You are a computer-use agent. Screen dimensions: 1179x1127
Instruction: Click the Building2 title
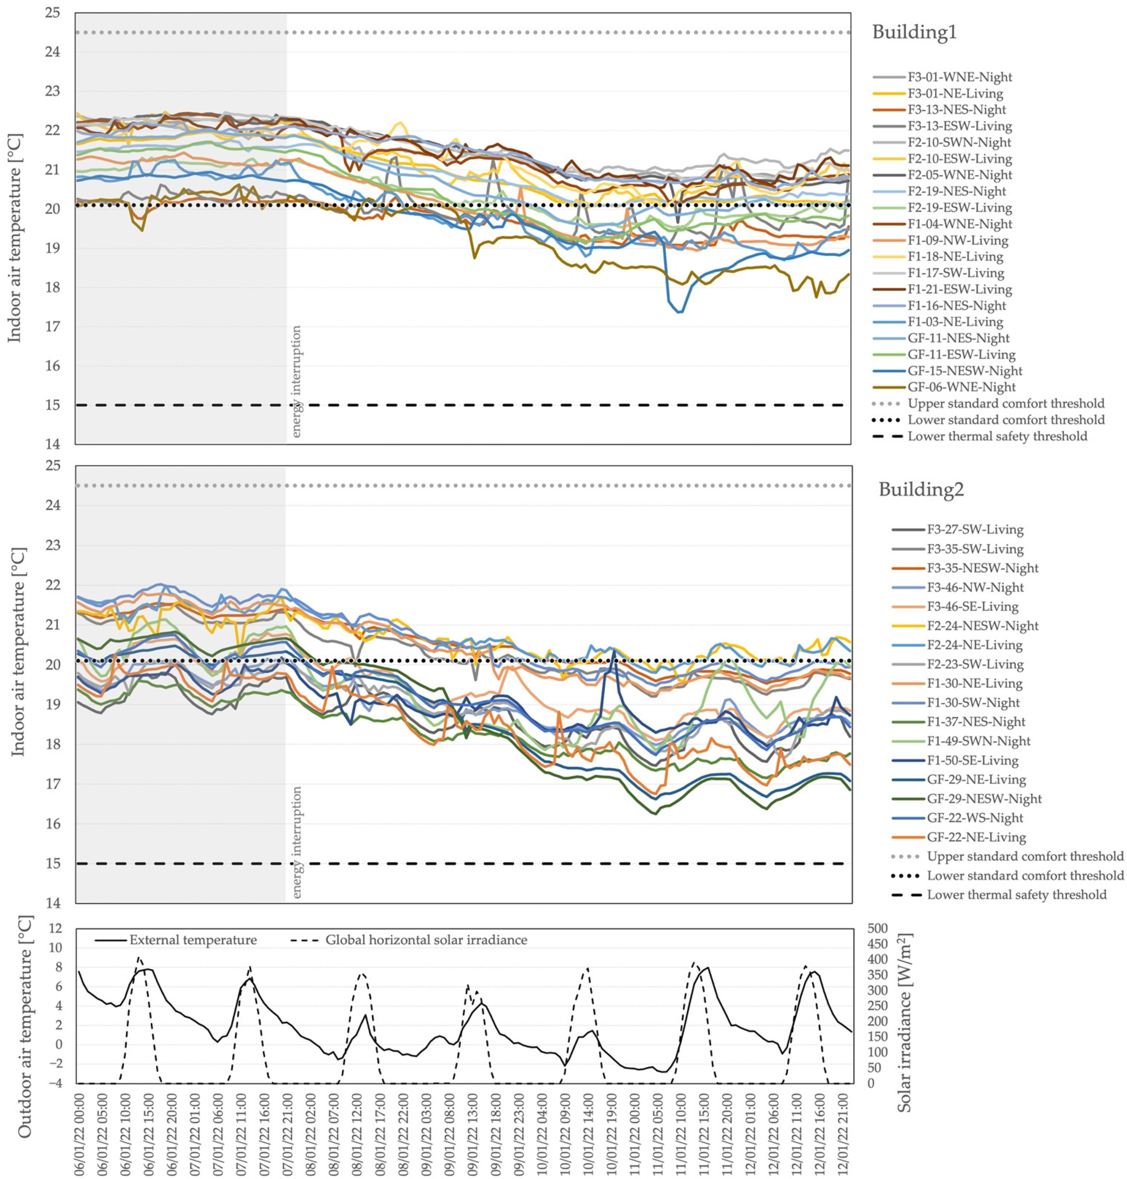(x=921, y=490)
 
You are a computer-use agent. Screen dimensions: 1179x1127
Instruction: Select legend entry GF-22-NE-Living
(x=976, y=837)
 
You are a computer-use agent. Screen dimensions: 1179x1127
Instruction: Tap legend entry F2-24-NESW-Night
(x=982, y=626)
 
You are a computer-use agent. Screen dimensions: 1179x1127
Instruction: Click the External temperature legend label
(x=193, y=940)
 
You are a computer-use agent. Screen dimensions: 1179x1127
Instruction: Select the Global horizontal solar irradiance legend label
(x=426, y=940)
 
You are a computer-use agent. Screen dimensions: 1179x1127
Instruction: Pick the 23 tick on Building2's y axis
(x=53, y=545)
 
